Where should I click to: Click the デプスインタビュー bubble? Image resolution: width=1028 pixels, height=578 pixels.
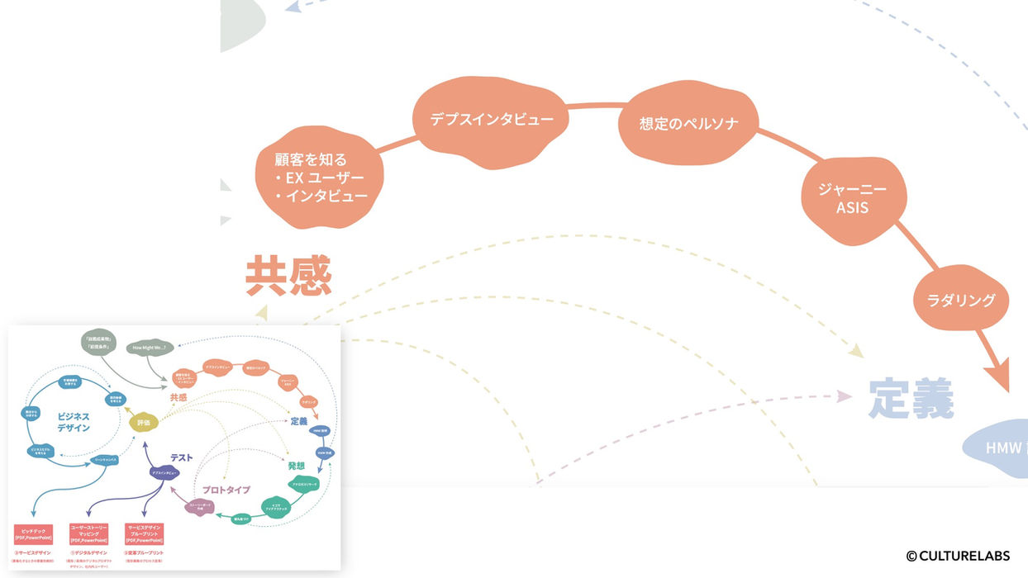pyautogui.click(x=492, y=119)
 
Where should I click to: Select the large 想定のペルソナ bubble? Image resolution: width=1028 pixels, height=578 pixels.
pyautogui.click(x=688, y=125)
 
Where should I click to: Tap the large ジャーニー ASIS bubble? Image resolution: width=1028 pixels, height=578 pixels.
pyautogui.click(x=852, y=198)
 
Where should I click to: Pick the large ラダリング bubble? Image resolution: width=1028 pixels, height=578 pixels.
pyautogui.click(x=960, y=300)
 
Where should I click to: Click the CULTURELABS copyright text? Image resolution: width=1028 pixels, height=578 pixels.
pyautogui.click(x=958, y=556)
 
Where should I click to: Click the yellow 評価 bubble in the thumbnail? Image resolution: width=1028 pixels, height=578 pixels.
pyautogui.click(x=144, y=421)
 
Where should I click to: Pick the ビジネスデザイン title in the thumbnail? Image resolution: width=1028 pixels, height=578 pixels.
pyautogui.click(x=74, y=422)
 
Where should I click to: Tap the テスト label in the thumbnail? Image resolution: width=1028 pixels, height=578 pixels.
pyautogui.click(x=183, y=457)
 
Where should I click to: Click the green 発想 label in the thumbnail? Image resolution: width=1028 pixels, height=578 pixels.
pyautogui.click(x=297, y=466)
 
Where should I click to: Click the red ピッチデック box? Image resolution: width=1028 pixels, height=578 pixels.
pyautogui.click(x=34, y=533)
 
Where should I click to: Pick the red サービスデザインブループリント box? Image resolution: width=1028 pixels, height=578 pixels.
pyautogui.click(x=145, y=533)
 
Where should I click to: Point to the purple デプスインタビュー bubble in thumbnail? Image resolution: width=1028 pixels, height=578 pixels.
pyautogui.click(x=166, y=473)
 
